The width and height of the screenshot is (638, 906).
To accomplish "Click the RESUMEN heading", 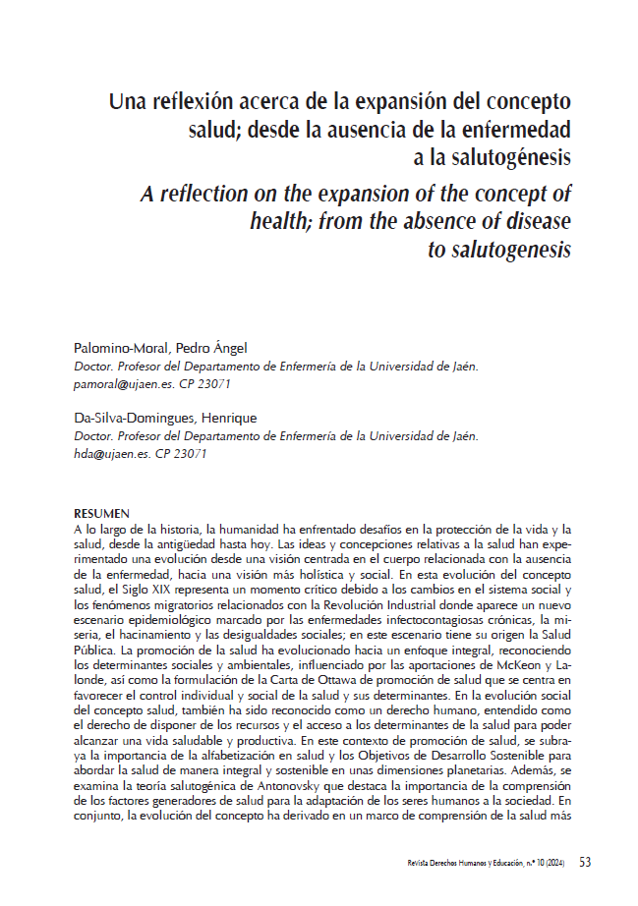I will pos(101,514).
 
